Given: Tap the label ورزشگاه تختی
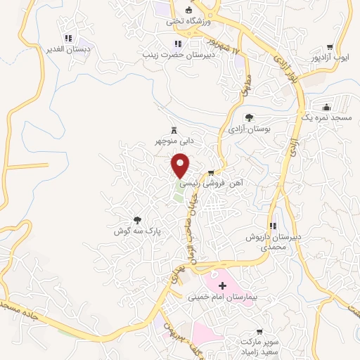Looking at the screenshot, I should coord(188,21).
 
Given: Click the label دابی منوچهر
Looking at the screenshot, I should coord(174,141).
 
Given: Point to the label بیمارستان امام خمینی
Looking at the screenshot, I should coord(223,297).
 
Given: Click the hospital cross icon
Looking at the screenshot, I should coord(223,285).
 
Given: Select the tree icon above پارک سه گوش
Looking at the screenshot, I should coord(138,219).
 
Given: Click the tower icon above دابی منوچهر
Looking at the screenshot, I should coord(174,129).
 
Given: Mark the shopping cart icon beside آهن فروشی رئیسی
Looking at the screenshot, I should coord(210,172).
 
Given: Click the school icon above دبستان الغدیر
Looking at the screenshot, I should coord(67,38).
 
